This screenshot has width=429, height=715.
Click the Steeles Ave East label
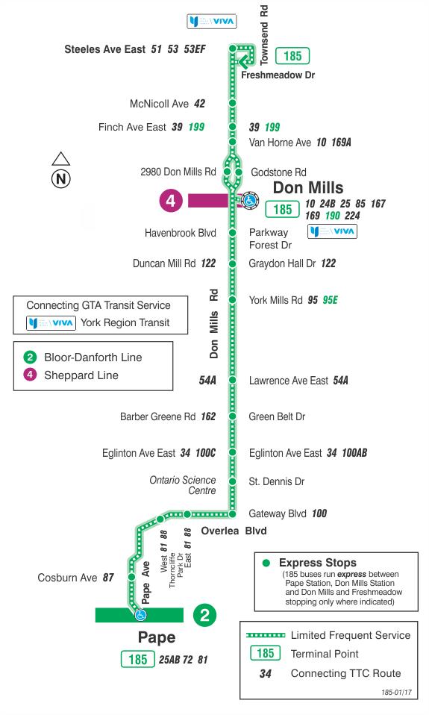(105, 49)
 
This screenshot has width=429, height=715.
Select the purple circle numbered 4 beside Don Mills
(171, 201)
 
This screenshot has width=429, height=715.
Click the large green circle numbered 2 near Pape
(204, 616)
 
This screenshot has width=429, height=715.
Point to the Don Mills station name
(308, 187)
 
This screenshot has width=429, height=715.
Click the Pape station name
(157, 637)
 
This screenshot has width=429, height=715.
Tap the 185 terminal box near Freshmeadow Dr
(292, 56)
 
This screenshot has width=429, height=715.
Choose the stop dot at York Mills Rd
(233, 300)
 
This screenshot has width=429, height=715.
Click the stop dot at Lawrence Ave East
(233, 380)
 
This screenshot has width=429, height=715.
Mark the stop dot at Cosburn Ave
(132, 577)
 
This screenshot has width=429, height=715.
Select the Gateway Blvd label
(278, 514)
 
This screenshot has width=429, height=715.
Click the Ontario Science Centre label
(182, 485)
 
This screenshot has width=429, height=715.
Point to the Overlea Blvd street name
(234, 531)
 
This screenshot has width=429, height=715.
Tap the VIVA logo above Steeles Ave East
(212, 21)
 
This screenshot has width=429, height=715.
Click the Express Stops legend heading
(318, 563)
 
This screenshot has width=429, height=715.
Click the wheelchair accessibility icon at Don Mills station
(249, 200)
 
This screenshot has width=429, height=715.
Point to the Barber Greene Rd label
(157, 416)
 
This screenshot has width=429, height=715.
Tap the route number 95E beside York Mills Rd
(330, 300)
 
